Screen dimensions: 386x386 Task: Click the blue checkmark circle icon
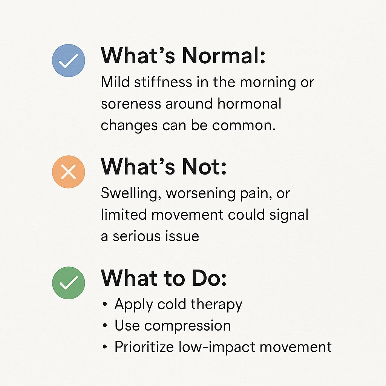(69, 61)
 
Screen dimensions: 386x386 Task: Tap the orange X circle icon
(69, 172)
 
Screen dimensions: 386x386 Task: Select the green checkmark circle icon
(69, 283)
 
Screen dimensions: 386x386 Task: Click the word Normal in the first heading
(224, 55)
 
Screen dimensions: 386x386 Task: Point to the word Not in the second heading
(204, 167)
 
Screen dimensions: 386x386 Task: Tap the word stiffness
(163, 82)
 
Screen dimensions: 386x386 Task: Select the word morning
(268, 83)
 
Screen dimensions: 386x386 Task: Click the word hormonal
(250, 103)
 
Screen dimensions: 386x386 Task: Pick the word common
(244, 126)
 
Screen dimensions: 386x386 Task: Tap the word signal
(289, 215)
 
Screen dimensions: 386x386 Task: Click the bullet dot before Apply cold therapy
(105, 304)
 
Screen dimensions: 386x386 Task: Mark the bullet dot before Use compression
(105, 326)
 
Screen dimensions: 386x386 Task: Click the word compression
(188, 326)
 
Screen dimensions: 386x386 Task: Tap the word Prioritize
(144, 347)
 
